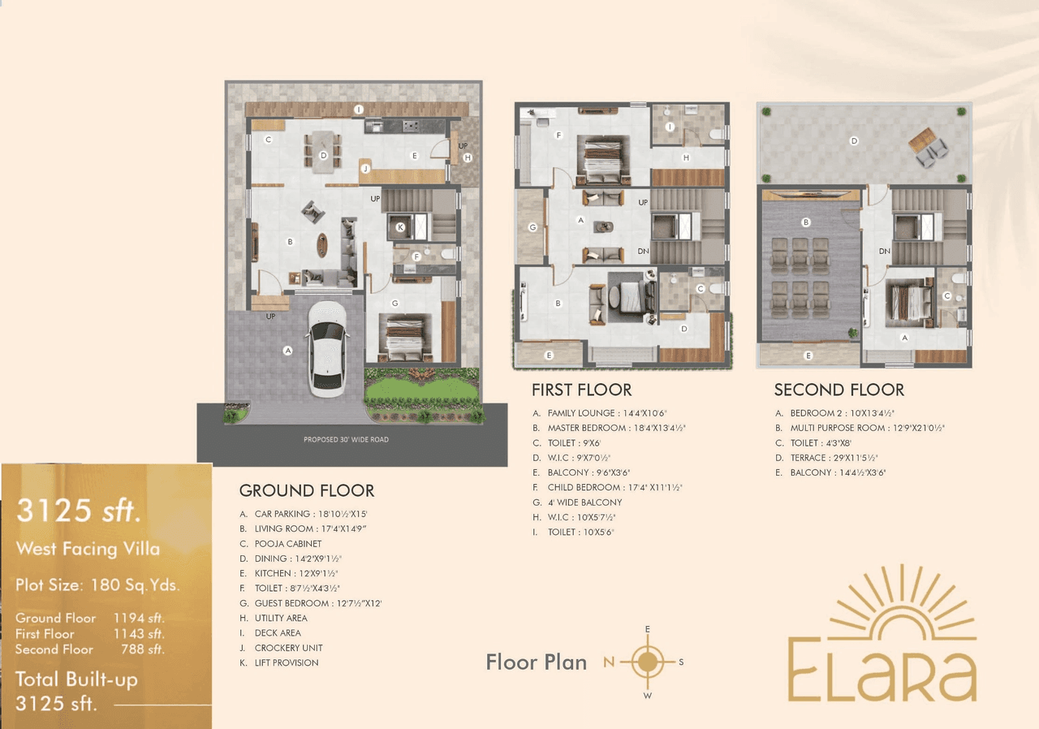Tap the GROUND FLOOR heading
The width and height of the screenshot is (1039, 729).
[x=307, y=491]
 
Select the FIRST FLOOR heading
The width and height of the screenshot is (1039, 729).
[x=581, y=390]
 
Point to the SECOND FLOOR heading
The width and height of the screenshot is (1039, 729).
[x=839, y=390]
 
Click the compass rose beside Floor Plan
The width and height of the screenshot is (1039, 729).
[x=647, y=662]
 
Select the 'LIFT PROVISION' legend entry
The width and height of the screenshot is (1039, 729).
[x=287, y=662]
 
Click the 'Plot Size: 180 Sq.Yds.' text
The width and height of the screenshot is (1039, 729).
[x=97, y=585]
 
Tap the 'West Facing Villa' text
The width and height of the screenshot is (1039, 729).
[x=88, y=549]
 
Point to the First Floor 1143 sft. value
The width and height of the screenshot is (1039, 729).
[x=139, y=634]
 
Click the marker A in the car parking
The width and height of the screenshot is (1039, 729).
[x=287, y=351]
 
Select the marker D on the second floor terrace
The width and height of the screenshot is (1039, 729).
[x=853, y=141]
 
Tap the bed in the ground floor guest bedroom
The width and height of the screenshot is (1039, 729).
[x=403, y=337]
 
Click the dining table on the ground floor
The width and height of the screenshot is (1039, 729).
[x=323, y=152]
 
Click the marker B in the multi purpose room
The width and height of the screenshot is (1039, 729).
[x=805, y=222]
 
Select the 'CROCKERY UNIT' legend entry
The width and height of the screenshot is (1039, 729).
[x=288, y=648]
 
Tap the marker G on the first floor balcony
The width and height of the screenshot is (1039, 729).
[x=532, y=227]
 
